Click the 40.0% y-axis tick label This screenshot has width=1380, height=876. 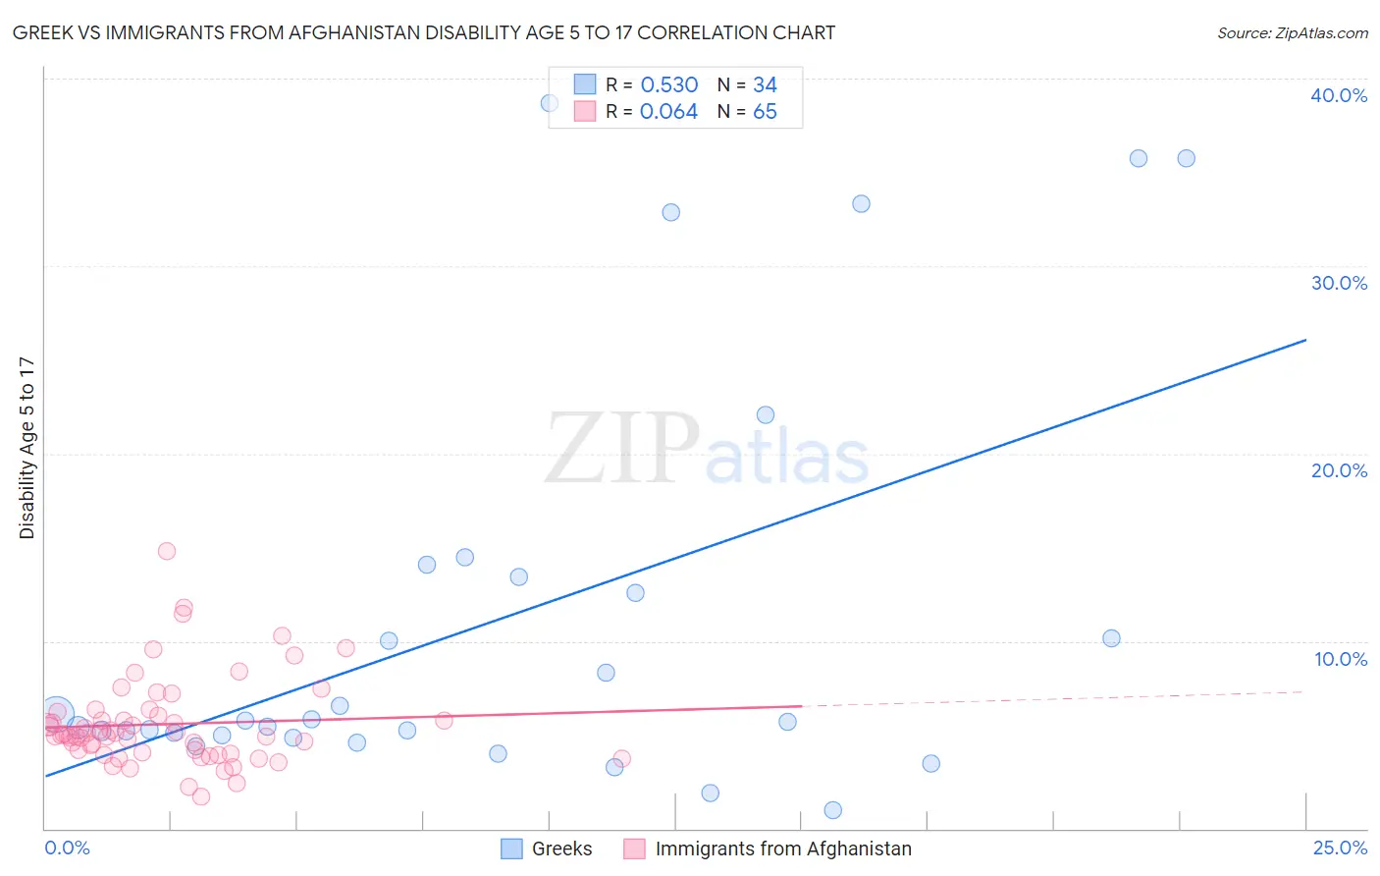point(1339,95)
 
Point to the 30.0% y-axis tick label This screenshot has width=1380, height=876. point(1339,283)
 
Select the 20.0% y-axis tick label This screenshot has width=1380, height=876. point(1339,470)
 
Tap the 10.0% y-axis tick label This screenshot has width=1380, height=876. point(1341,659)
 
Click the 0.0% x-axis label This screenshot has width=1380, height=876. point(67,848)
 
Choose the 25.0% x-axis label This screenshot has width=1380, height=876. point(1340,848)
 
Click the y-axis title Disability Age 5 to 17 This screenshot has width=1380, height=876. point(27,448)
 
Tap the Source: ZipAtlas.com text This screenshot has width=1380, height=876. point(1292,33)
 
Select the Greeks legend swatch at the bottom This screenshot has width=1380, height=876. point(511,849)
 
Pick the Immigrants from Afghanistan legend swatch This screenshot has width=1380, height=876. point(635,849)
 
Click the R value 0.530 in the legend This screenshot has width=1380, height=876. point(668,85)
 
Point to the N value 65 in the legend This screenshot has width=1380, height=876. point(765,112)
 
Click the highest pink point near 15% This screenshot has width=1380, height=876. point(167,551)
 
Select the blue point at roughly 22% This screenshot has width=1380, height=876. point(766,414)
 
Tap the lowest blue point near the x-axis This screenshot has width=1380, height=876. point(833,810)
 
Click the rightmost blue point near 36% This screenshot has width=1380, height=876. point(1186,158)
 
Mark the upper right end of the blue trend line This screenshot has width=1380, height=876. point(1305,340)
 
